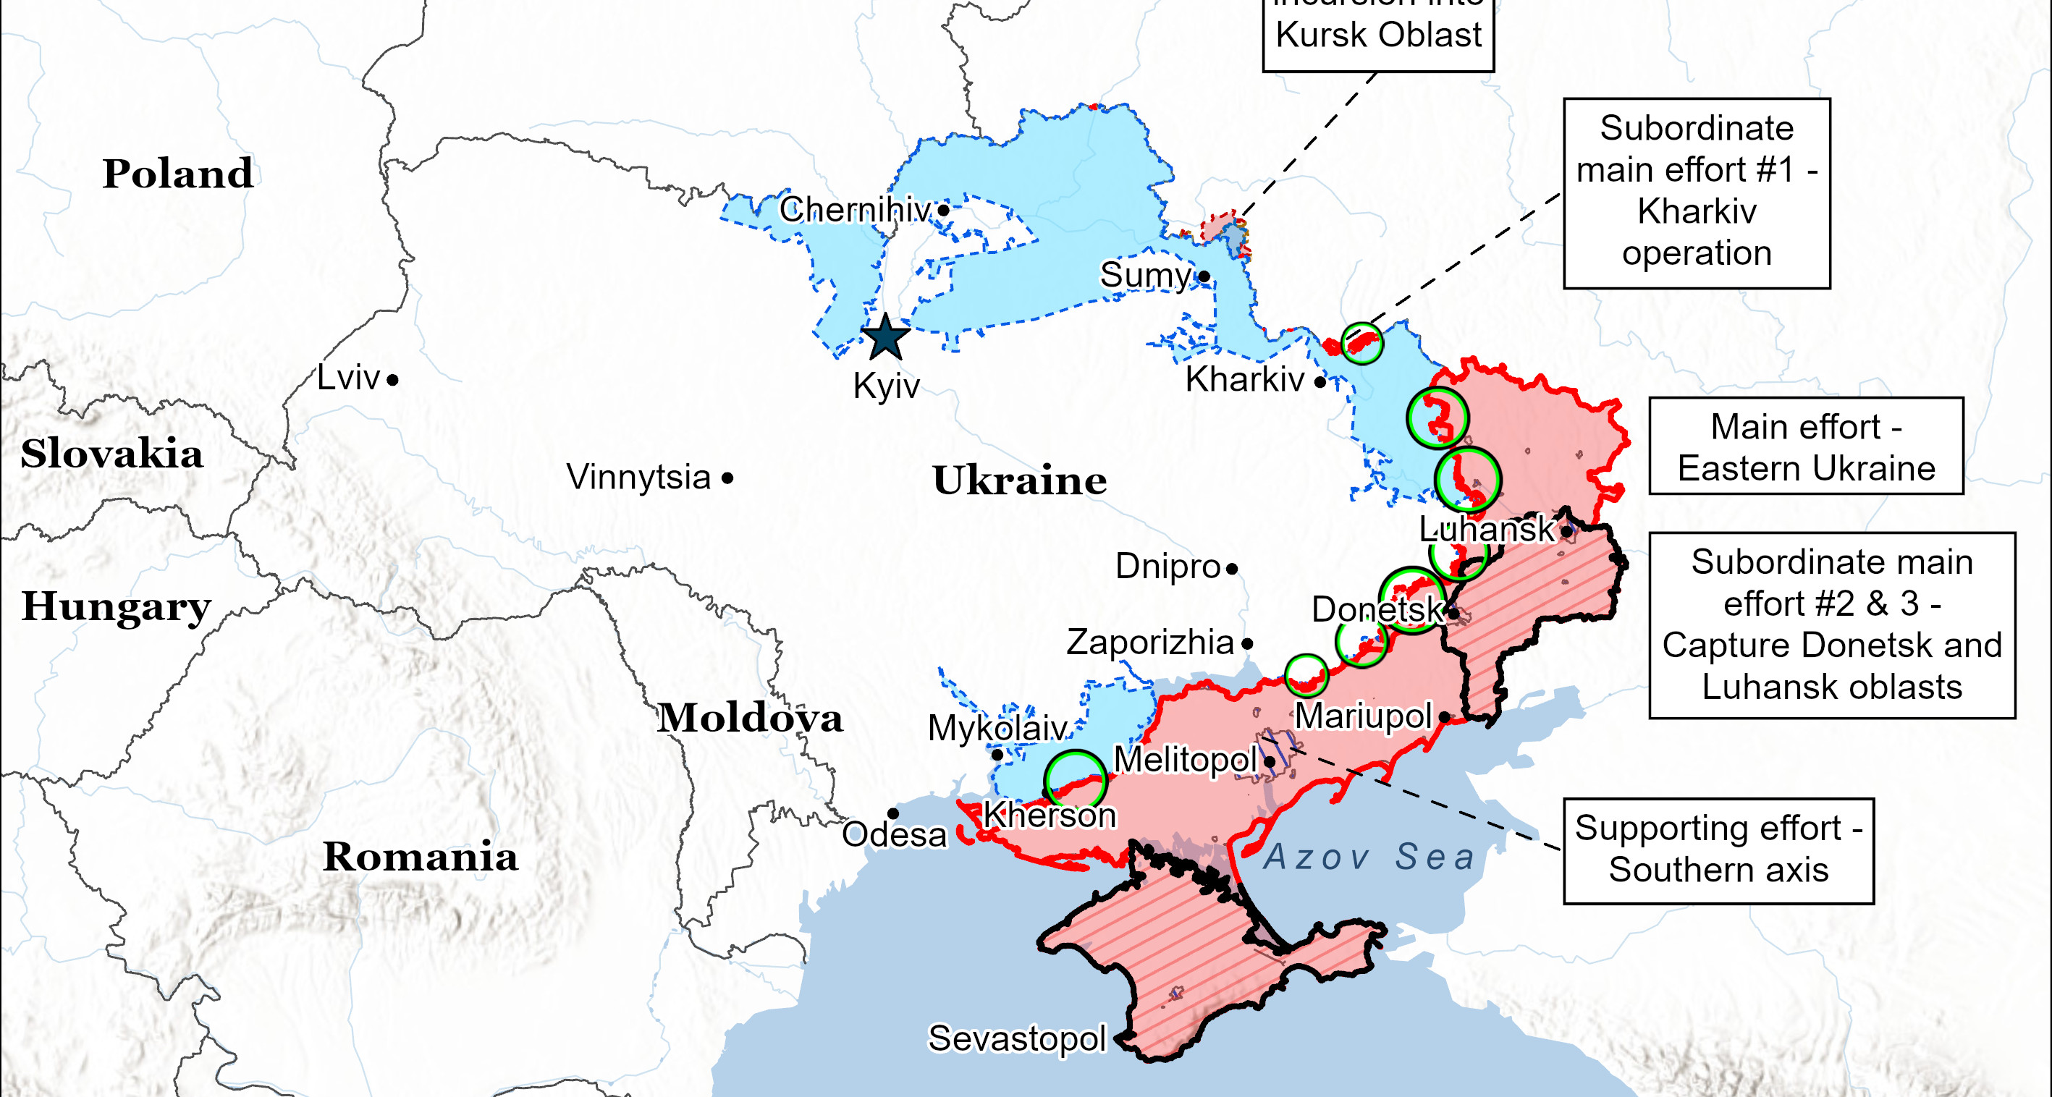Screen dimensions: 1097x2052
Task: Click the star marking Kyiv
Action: click(x=885, y=337)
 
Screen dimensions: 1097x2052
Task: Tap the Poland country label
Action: click(x=177, y=174)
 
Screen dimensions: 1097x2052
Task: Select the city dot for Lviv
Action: click(x=393, y=381)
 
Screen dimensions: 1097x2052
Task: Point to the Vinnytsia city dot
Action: click(x=727, y=478)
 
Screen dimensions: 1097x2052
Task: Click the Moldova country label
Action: click(x=749, y=718)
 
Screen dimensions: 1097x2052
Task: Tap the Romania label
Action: click(x=420, y=857)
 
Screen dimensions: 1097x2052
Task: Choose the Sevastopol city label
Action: click(x=1017, y=1039)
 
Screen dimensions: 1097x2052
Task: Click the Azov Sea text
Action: click(x=1369, y=857)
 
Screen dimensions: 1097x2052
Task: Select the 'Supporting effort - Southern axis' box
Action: click(x=1718, y=850)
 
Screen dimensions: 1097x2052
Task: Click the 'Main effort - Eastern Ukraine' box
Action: click(x=1805, y=446)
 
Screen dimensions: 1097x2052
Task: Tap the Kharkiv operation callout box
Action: click(x=1696, y=192)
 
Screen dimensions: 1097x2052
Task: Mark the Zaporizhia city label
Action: click(x=1149, y=643)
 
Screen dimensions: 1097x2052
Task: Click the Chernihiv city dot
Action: click(x=943, y=210)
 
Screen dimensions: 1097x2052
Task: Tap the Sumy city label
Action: click(x=1144, y=276)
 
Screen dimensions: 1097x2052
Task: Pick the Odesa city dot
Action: click(x=893, y=813)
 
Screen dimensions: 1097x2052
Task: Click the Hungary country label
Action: click(x=117, y=606)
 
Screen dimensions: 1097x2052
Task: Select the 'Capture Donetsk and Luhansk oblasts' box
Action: click(x=1831, y=625)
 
